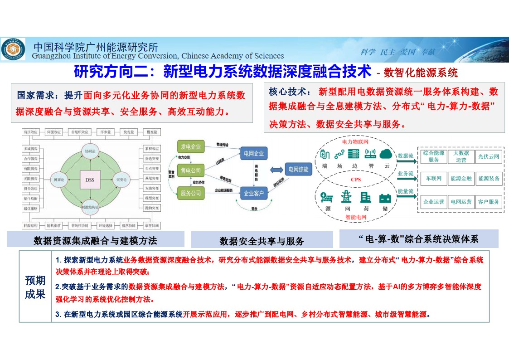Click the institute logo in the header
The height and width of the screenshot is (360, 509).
[x=13, y=49]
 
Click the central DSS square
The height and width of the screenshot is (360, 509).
[x=89, y=180]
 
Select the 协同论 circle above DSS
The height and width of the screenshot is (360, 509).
[x=89, y=150]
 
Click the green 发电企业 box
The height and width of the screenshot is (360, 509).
[x=191, y=147]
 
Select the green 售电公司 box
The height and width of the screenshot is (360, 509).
[x=191, y=170]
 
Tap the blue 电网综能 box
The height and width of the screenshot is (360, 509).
[x=298, y=170]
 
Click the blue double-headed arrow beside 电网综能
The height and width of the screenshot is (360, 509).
[x=276, y=170]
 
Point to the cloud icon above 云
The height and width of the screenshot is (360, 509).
[x=386, y=154]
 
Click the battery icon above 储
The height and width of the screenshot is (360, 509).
[x=385, y=198]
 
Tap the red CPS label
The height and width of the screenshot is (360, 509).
[x=356, y=180]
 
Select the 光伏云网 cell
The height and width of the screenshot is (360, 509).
[x=489, y=157]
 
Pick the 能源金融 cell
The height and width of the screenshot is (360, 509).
[x=461, y=179]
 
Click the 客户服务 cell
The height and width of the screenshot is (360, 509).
[x=489, y=202]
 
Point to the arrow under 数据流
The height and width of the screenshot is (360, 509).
[x=406, y=161]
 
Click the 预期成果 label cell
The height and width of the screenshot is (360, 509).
[x=35, y=287]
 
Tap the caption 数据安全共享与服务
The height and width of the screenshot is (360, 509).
[x=262, y=241]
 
